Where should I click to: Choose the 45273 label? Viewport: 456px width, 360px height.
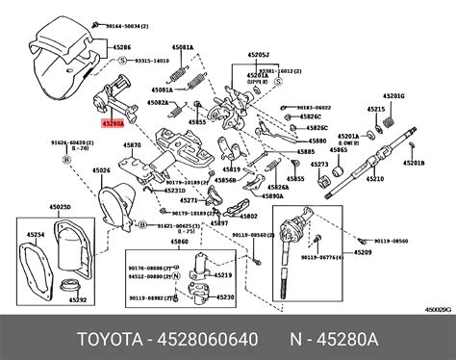pos(319,165)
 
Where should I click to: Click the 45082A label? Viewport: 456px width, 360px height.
pos(159,101)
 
